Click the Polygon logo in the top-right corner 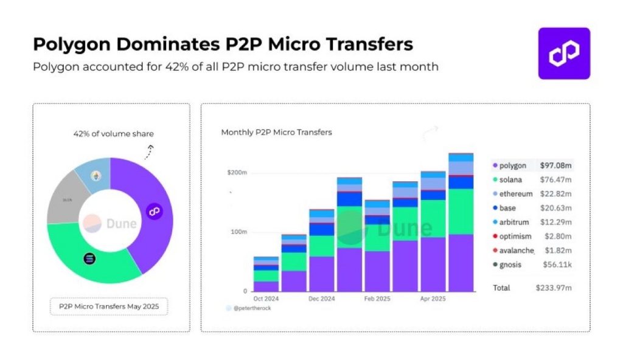click(563, 54)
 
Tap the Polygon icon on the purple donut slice click(154, 211)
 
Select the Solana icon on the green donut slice click(90, 258)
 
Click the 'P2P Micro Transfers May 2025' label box click(110, 306)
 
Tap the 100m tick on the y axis click(238, 232)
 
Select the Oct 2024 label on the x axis click(266, 299)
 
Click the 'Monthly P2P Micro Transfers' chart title click(276, 132)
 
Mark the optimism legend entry click(515, 236)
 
